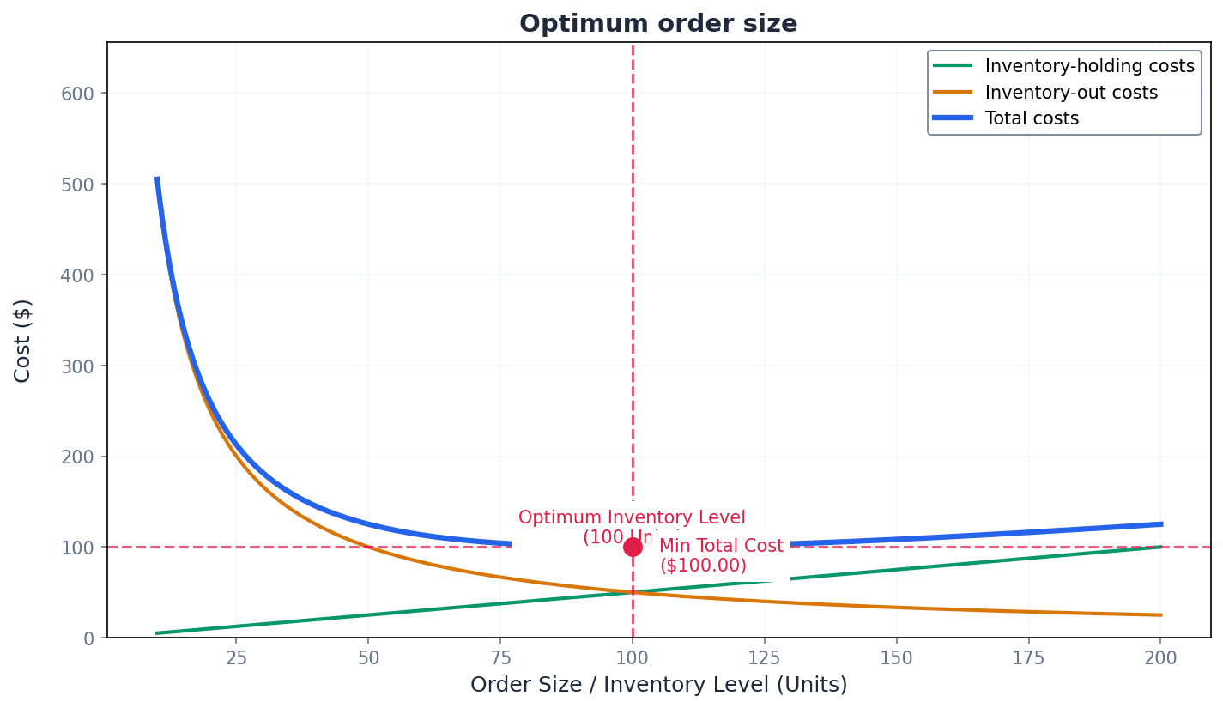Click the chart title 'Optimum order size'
pos(658,24)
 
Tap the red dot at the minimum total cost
pos(633,547)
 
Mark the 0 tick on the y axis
pos(89,638)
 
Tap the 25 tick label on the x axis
pos(236,657)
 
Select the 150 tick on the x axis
pos(897,657)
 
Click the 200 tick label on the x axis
pos(1160,657)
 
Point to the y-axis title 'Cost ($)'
pos(23,340)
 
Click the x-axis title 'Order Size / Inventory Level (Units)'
pos(658,685)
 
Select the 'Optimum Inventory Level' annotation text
pos(632,518)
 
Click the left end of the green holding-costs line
pos(157,633)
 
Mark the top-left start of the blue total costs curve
pos(157,178)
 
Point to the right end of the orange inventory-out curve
pos(1161,614)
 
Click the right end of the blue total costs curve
pos(1161,523)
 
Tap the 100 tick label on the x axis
pos(633,657)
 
